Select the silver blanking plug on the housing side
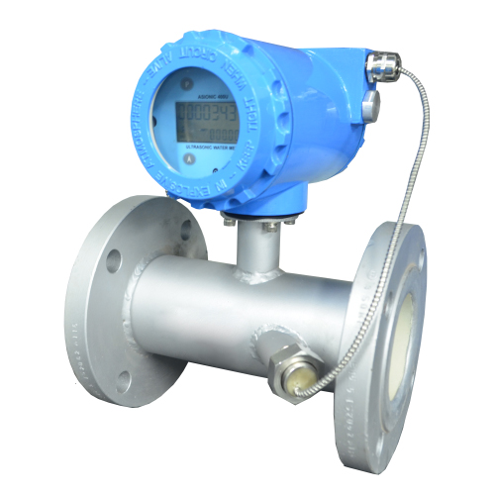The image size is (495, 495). point(368,103)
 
